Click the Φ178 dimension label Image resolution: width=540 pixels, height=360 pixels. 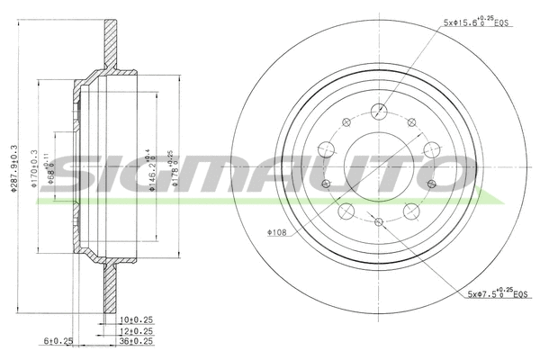(x=162, y=164)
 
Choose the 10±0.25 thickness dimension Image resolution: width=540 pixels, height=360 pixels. (x=137, y=319)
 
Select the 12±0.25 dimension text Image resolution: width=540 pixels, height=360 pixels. (x=137, y=329)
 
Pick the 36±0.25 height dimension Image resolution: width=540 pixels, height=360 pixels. (x=137, y=340)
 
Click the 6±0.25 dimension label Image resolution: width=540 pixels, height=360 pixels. (x=57, y=340)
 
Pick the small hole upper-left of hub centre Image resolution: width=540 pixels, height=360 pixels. (x=346, y=123)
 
